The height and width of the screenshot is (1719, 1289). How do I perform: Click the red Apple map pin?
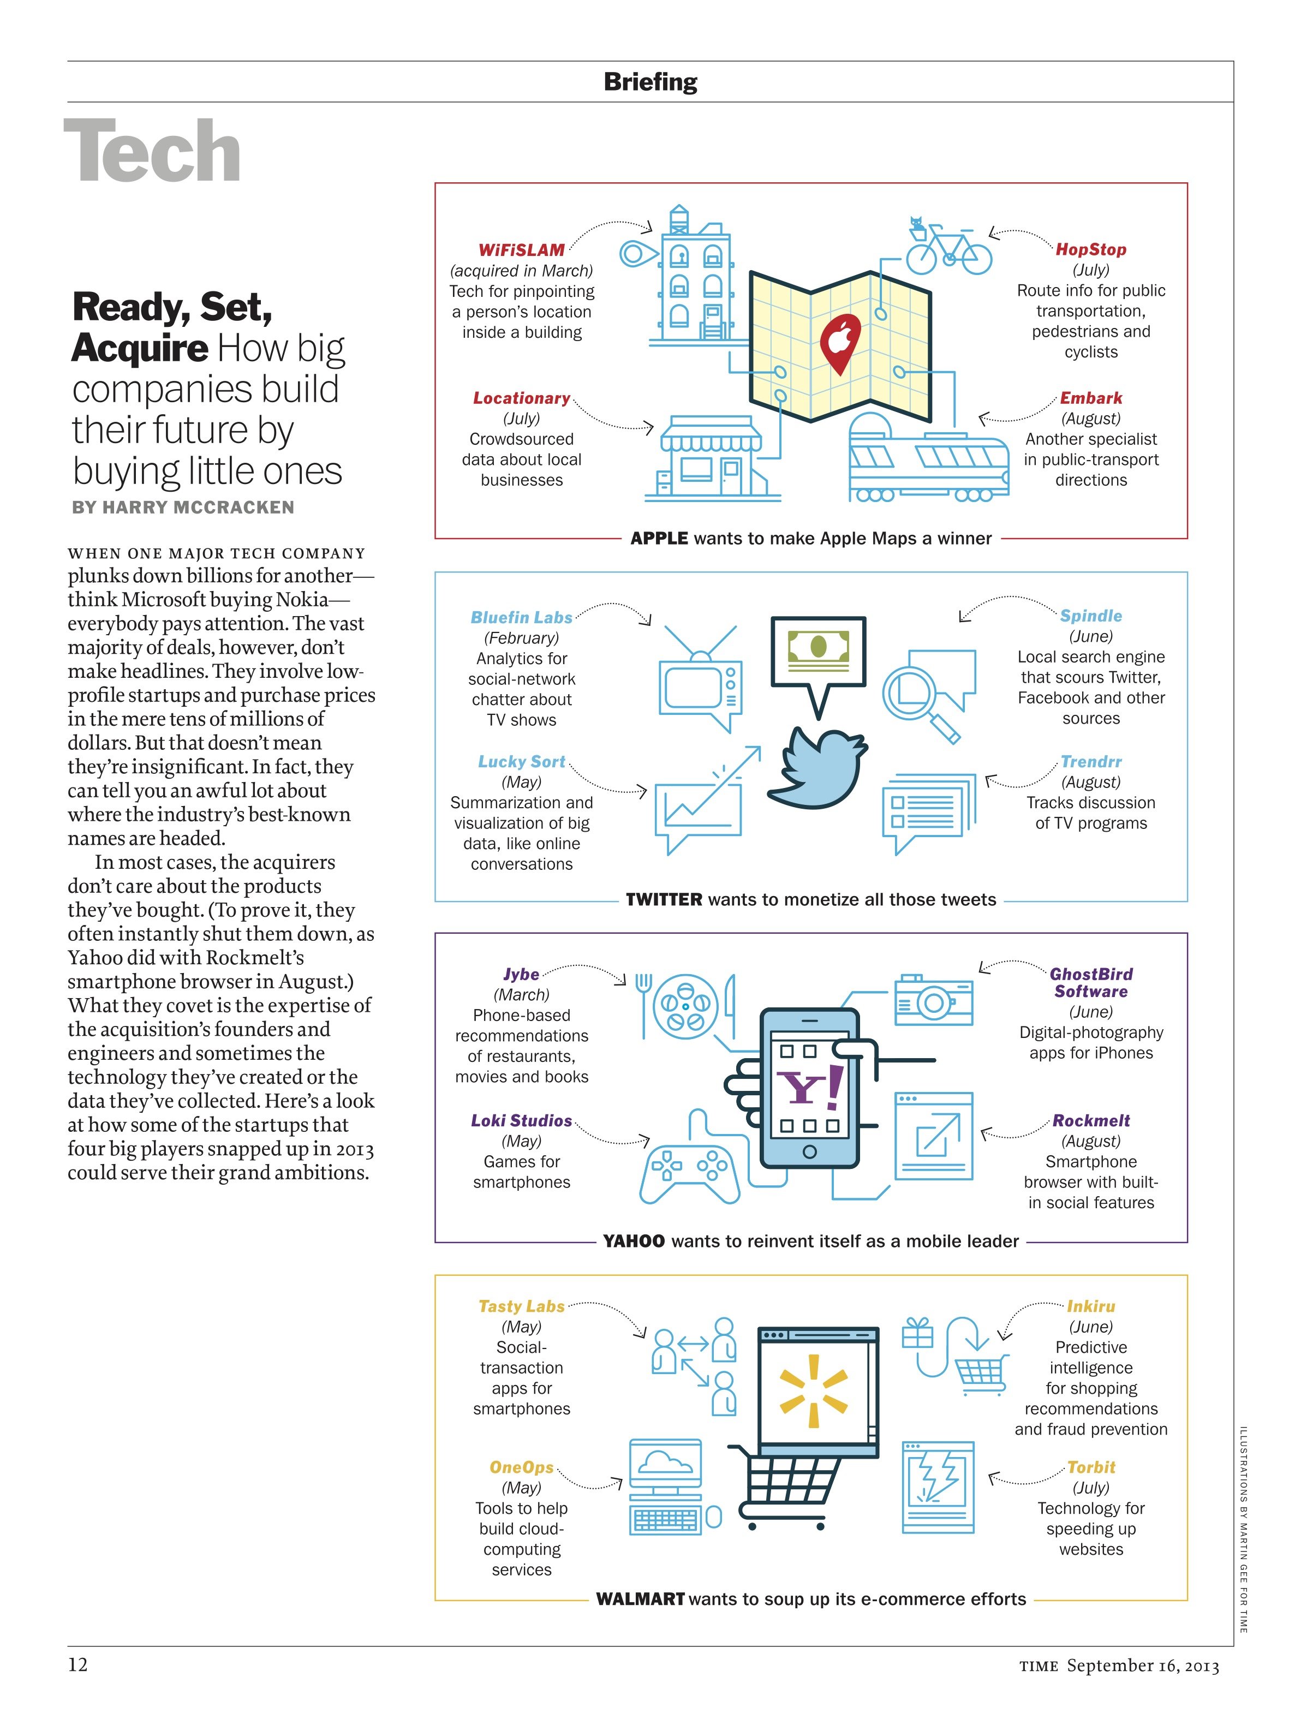click(x=840, y=342)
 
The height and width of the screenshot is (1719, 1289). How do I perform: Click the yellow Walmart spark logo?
click(x=813, y=1391)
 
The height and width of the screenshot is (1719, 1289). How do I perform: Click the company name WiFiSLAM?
click(x=521, y=250)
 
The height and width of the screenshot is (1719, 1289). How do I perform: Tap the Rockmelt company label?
click(x=1091, y=1120)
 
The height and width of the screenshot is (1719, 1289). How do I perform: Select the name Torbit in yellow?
click(x=1091, y=1467)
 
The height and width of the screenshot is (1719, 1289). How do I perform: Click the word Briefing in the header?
click(x=651, y=82)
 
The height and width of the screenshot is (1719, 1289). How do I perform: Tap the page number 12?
click(x=77, y=1664)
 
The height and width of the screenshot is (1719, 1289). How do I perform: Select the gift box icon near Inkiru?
click(x=917, y=1334)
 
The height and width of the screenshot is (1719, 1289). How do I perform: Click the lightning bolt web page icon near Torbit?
click(x=938, y=1488)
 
